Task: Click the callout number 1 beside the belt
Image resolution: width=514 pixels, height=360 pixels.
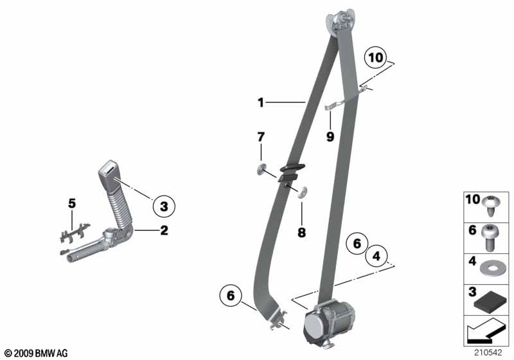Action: tap(261, 103)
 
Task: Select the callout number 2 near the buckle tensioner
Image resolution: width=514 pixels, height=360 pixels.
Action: tap(164, 230)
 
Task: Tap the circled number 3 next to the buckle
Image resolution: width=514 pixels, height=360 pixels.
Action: tap(164, 206)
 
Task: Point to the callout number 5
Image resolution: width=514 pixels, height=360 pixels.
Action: tap(72, 203)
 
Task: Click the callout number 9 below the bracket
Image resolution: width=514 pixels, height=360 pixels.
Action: tap(330, 136)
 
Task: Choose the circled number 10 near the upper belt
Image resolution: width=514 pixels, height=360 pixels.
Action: tap(376, 58)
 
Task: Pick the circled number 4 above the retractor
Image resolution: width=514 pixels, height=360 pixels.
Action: tap(377, 256)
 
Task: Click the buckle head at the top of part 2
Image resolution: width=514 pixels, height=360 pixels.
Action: tap(109, 171)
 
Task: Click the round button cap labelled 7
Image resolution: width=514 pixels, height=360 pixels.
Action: tap(261, 170)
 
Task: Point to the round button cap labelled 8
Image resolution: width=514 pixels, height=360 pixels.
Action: tap(301, 192)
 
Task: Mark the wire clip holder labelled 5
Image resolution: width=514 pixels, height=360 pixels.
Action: tap(75, 233)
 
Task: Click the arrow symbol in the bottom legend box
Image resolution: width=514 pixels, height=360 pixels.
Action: tap(485, 330)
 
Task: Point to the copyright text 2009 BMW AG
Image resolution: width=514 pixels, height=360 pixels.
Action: tap(36, 353)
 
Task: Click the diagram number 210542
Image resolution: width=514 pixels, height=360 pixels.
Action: tap(488, 352)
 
